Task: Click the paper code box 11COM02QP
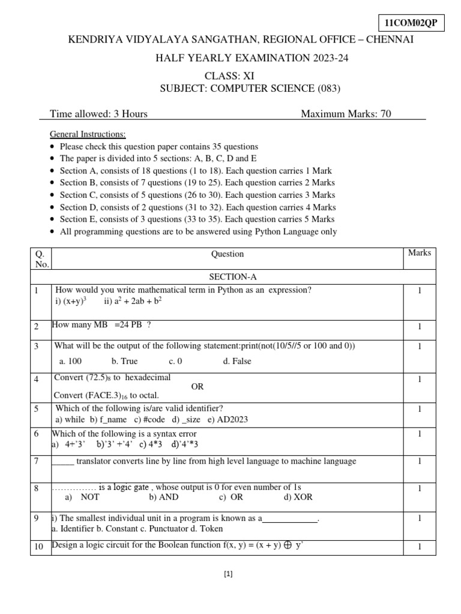(411, 23)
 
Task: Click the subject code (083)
(328, 89)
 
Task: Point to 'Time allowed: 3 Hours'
(98, 114)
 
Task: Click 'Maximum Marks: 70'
(346, 114)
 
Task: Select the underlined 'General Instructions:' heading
(88, 134)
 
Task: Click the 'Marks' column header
(420, 253)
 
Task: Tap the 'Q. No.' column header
(43, 258)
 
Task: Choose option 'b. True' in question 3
(124, 362)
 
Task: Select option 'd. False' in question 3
(237, 362)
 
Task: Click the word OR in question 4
(197, 387)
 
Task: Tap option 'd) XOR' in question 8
(298, 498)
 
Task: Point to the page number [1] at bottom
(228, 574)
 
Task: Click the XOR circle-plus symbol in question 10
(288, 546)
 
